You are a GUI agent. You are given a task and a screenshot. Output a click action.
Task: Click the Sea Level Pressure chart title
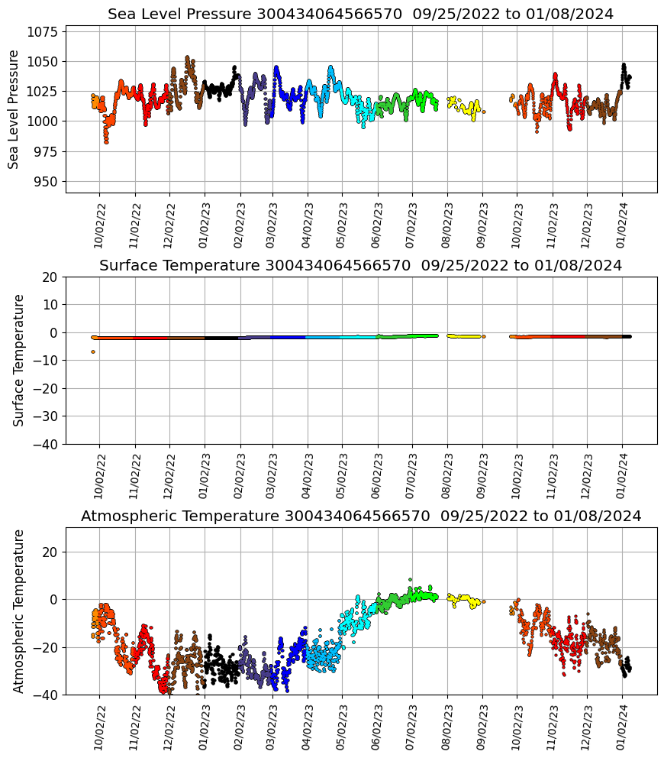point(360,14)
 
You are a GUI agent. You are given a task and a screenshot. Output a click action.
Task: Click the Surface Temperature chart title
point(360,265)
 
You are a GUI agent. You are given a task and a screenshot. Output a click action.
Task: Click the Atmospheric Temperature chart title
point(360,516)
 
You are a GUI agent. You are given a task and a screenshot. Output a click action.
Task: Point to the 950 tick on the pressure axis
point(48,182)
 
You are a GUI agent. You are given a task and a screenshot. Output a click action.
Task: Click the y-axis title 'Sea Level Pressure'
point(14,109)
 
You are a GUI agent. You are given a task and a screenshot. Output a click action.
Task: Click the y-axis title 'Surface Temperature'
point(19,360)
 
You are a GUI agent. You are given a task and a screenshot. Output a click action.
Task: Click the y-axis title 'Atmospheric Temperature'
point(19,611)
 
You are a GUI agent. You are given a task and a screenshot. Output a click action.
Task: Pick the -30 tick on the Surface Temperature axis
point(48,416)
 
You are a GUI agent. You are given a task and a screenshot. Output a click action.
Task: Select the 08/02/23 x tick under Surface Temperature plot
point(448,475)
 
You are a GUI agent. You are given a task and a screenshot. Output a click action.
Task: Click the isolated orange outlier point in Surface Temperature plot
point(93,351)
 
